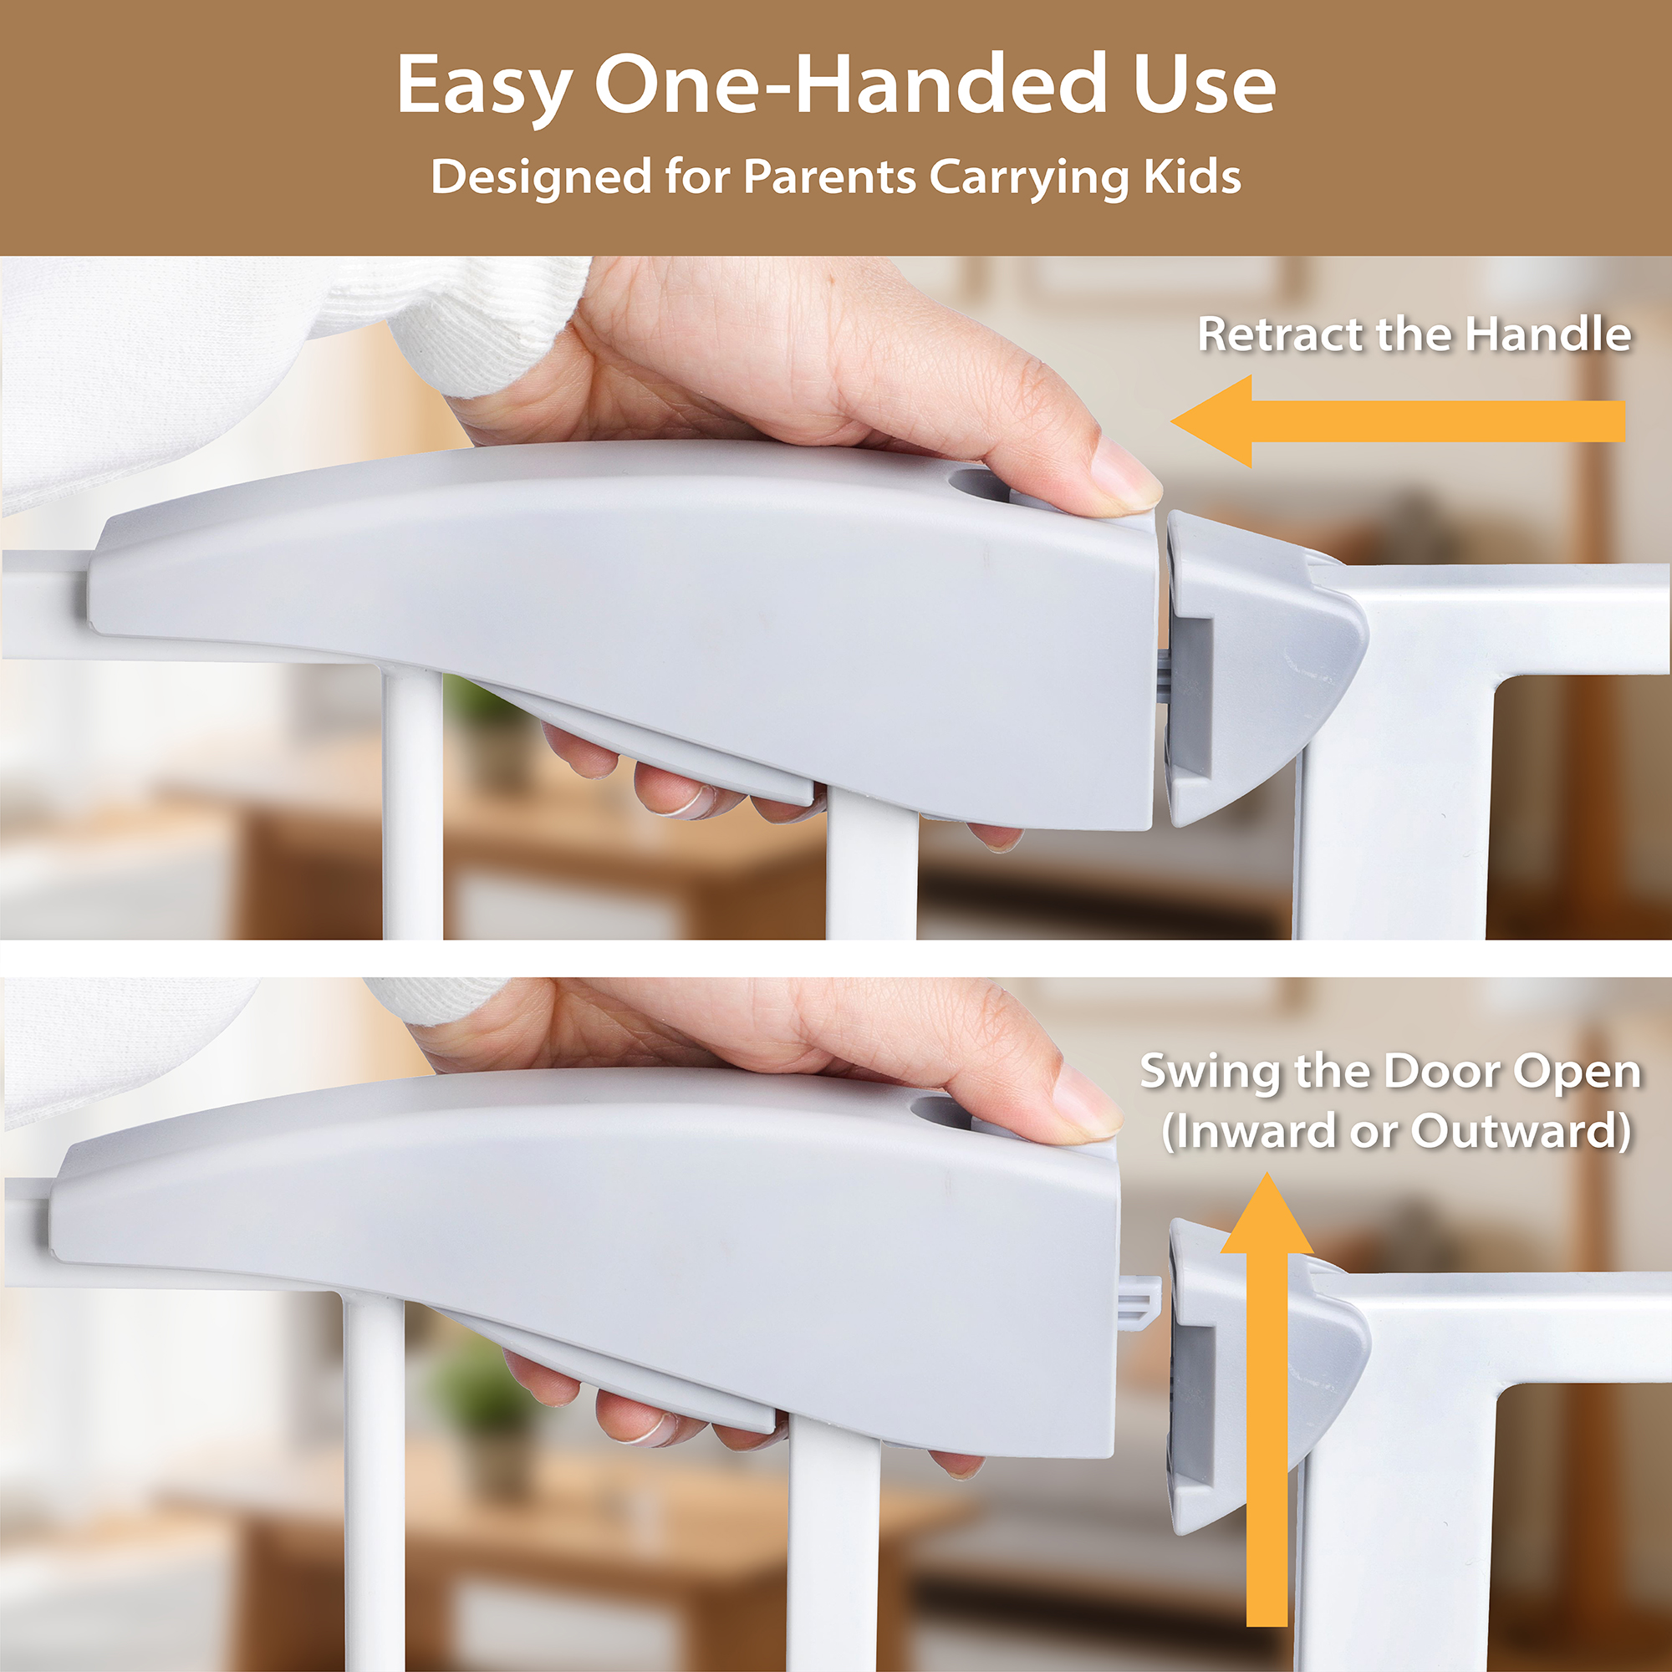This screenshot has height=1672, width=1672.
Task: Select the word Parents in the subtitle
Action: coord(830,177)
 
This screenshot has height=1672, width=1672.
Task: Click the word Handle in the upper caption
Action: coord(1548,334)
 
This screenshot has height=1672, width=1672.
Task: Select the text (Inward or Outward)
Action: coord(1397,1132)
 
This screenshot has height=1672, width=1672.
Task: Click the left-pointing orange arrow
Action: coord(1397,421)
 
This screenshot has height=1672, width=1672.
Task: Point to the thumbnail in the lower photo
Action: coord(1087,1103)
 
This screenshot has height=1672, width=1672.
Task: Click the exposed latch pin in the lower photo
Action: coord(1138,1302)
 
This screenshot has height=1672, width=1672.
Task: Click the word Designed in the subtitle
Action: coord(541,177)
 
